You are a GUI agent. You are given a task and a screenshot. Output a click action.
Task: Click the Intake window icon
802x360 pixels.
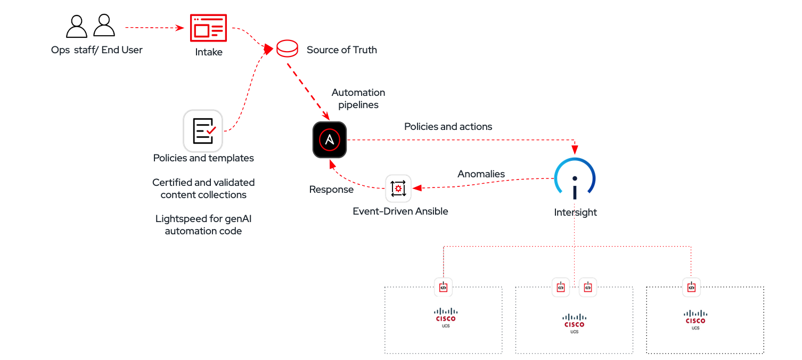point(208,28)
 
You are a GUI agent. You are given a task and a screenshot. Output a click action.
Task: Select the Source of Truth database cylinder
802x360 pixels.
point(287,49)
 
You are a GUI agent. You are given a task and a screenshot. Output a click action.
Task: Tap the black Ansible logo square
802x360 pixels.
point(330,140)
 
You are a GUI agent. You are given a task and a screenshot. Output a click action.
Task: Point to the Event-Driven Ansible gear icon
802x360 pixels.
point(398,188)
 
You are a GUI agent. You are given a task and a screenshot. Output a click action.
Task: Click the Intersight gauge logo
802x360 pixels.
point(575,178)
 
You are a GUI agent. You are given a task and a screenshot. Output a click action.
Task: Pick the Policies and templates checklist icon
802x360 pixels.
point(203,130)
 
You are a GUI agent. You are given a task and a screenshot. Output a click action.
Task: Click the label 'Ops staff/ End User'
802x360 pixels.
point(97,50)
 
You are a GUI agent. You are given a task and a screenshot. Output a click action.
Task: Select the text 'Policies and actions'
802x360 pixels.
point(448,127)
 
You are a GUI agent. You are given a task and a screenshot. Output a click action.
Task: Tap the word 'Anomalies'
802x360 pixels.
point(481,174)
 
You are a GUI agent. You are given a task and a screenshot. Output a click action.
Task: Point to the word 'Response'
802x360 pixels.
point(331,190)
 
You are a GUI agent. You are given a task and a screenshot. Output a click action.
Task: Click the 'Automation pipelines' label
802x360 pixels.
point(358,99)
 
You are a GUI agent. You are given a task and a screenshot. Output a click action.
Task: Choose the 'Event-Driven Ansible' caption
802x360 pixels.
point(400,211)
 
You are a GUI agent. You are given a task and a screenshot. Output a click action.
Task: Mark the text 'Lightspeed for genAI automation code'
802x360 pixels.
point(203,225)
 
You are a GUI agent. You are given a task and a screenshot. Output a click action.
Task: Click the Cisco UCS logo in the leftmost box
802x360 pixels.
point(446,317)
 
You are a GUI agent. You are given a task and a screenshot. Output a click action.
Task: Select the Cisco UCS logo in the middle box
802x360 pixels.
point(575,323)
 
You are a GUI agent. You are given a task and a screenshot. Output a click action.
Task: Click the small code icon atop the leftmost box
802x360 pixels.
point(443,287)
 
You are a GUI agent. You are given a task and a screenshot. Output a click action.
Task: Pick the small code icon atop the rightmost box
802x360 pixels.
point(691,287)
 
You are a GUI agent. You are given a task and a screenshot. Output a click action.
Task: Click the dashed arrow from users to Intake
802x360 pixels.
point(154,27)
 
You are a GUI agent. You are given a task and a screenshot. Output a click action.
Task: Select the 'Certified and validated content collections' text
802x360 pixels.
point(203,189)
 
